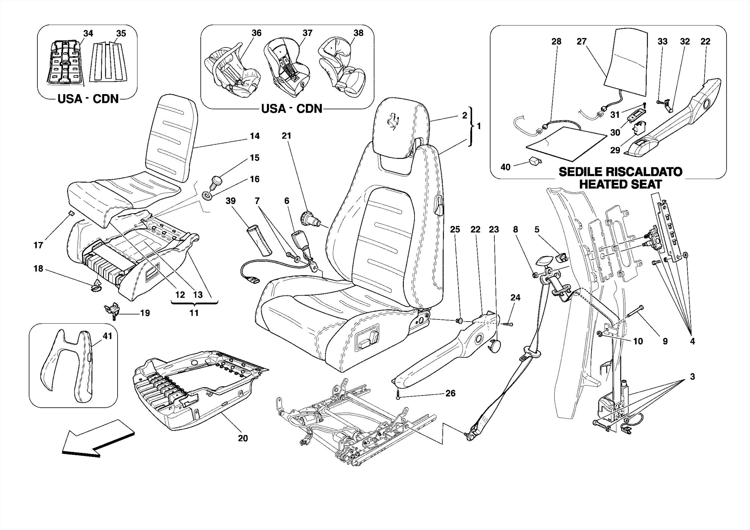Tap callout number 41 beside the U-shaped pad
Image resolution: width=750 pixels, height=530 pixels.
tap(107, 336)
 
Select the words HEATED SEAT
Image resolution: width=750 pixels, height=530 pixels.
tap(620, 184)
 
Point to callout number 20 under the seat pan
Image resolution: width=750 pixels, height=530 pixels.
tap(243, 438)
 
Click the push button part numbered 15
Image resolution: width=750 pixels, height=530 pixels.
tap(217, 182)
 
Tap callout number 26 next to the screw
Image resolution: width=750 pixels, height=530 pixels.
tap(450, 393)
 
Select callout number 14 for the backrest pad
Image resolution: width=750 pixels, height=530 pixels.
tap(255, 136)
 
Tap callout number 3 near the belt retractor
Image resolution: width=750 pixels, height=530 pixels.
tap(692, 377)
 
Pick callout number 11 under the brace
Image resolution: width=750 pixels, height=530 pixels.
tap(194, 313)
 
